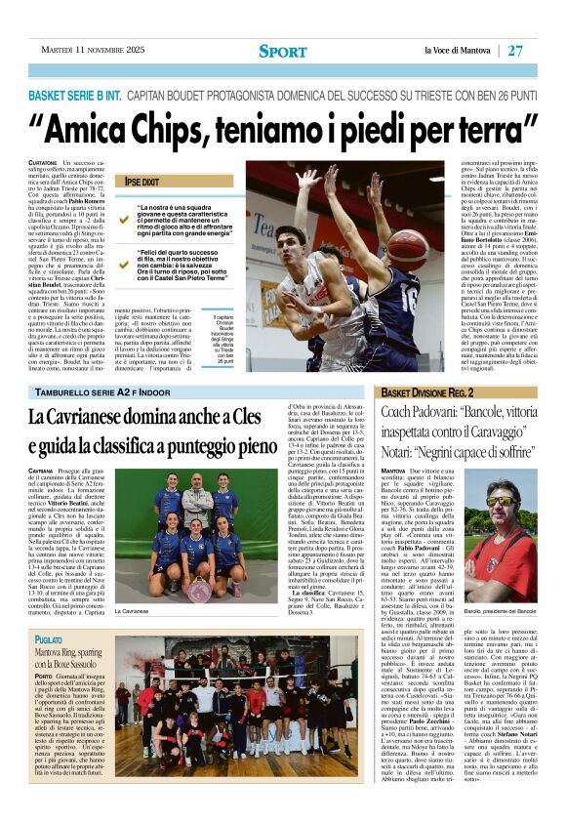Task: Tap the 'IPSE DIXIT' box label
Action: [142, 182]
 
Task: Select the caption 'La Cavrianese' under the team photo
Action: [136, 611]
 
